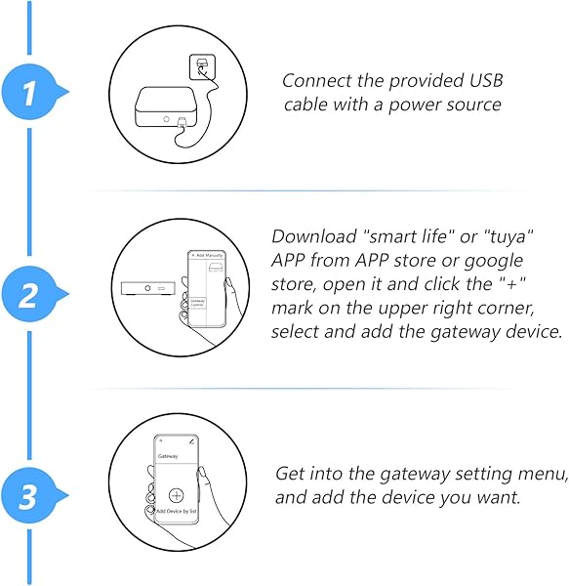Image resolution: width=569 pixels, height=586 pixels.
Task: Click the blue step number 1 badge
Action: click(30, 94)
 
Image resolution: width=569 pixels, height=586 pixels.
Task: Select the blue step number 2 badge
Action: click(30, 293)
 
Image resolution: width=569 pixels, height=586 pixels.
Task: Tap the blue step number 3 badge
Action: click(30, 496)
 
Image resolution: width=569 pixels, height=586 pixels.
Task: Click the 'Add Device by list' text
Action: click(176, 510)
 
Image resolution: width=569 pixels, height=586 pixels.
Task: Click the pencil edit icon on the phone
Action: click(192, 441)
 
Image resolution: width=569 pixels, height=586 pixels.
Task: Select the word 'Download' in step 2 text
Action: click(308, 236)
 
